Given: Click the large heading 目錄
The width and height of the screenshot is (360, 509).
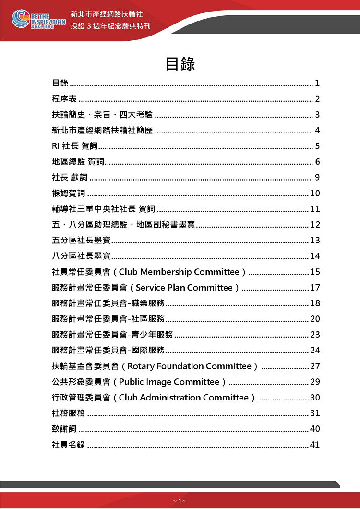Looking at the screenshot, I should pyautogui.click(x=180, y=64).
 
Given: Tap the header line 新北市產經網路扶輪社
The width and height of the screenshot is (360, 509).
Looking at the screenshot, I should pyautogui.click(x=106, y=14).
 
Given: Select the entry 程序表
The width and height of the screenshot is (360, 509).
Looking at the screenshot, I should pyautogui.click(x=64, y=99).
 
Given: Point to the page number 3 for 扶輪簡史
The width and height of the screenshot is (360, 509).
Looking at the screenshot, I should pyautogui.click(x=317, y=115).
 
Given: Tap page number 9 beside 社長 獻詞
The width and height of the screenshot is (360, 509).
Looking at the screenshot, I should pyautogui.click(x=317, y=178).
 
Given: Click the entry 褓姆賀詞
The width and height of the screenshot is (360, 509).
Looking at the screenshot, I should pyautogui.click(x=68, y=194).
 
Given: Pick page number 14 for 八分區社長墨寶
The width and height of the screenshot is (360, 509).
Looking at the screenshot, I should pyautogui.click(x=315, y=256).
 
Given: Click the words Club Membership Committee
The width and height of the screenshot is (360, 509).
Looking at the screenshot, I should pyautogui.click(x=179, y=272).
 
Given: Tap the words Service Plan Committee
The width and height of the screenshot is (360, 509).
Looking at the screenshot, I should pyautogui.click(x=184, y=288).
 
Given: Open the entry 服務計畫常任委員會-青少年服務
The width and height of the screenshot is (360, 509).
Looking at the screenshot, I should pyautogui.click(x=112, y=335).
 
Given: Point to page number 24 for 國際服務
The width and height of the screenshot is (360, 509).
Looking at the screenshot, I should pyautogui.click(x=315, y=350).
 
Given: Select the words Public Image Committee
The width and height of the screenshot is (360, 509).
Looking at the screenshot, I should pyautogui.click(x=169, y=382).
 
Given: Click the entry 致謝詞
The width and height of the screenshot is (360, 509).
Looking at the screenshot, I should pyautogui.click(x=64, y=429).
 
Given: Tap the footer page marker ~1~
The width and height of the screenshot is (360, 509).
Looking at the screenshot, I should pyautogui.click(x=180, y=501).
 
